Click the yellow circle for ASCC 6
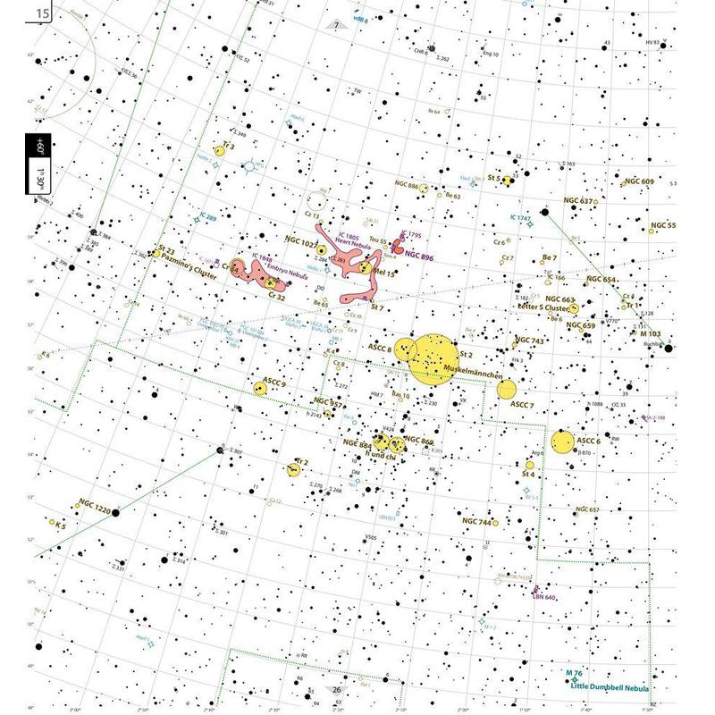562,442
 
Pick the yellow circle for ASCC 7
507,389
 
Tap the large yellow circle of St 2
434,360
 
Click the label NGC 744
477,521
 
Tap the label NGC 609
640,181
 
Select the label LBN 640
544,597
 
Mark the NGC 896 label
419,256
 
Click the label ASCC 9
274,383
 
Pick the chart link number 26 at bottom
337,689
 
